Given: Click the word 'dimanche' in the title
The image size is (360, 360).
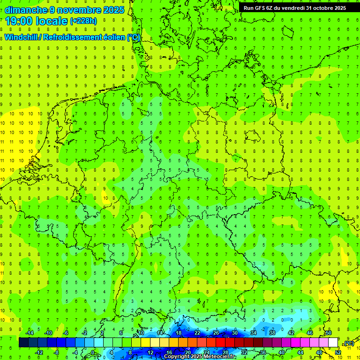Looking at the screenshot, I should click(25, 10).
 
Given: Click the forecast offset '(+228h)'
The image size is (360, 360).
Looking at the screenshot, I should click(83, 21).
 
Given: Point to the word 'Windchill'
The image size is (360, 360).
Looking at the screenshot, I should click(21, 37).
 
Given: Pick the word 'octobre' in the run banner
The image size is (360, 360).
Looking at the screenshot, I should click(324, 8).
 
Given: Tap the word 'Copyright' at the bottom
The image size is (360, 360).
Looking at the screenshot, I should click(177, 357).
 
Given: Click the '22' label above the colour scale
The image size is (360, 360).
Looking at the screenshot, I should click(197, 333).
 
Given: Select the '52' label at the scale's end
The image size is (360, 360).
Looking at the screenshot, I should click(337, 352).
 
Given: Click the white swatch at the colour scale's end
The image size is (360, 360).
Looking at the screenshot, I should click(333, 343).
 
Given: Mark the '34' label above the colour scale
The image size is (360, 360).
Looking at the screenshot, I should click(254, 333).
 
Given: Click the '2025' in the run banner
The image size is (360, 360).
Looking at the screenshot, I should click(339, 8).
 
